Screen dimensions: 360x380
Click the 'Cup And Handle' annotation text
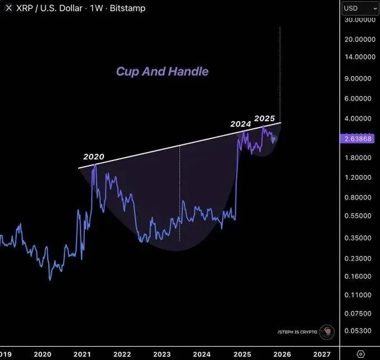coord(162,72)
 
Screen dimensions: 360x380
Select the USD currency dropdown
coord(359,8)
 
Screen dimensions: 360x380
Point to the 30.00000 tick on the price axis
coord(359,20)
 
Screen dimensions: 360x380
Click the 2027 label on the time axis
coord(322,354)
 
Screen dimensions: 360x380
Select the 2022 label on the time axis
coord(122,354)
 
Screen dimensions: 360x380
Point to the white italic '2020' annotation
coord(94,157)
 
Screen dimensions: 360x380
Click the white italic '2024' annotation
coord(241,124)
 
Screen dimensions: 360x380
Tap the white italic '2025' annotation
coord(264,119)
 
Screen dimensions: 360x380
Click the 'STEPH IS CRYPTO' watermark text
coord(297,332)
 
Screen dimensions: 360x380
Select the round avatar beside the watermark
coord(327,331)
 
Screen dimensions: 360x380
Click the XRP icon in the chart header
coord(8,8)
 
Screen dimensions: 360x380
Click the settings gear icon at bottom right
coord(360,354)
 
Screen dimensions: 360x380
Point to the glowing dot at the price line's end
coord(274,139)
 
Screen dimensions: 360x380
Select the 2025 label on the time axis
coord(243,354)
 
